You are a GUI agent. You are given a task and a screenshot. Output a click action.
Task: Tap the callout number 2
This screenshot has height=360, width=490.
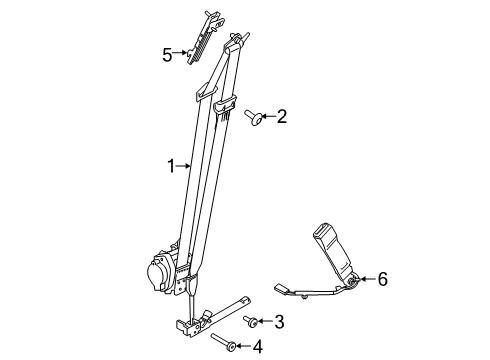point(281,118)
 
